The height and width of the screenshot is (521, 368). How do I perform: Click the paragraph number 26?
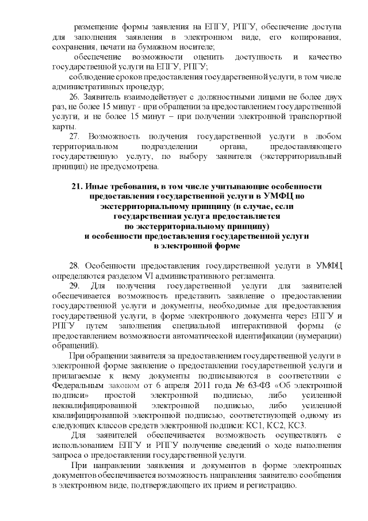[x=74, y=97]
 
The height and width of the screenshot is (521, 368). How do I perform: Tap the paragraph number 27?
[x=74, y=136]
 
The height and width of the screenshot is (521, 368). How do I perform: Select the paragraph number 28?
[x=74, y=265]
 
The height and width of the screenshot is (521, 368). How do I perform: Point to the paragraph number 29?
[x=74, y=286]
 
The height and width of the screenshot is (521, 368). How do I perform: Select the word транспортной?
[x=314, y=117]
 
